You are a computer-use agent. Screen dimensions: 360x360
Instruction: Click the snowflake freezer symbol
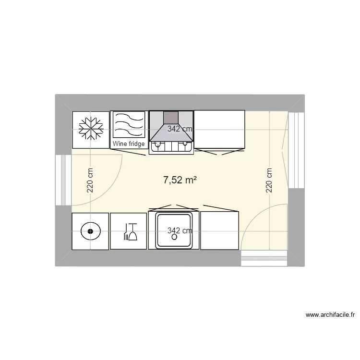tap(90, 129)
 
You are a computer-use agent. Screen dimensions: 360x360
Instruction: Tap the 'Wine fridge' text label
tap(129, 144)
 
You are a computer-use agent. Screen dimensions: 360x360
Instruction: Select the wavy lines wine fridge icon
tap(129, 125)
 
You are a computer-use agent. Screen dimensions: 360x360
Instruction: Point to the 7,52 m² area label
tap(180, 180)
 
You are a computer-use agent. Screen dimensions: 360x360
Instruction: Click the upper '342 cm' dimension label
tap(180, 129)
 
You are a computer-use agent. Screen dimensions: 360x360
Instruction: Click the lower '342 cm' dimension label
tap(180, 231)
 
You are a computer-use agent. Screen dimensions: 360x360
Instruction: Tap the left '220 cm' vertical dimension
tap(90, 180)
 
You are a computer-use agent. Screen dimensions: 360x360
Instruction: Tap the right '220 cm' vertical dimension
tap(269, 180)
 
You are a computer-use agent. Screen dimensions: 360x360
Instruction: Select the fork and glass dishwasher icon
tap(129, 232)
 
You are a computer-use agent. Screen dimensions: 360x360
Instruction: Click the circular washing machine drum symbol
tap(90, 232)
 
